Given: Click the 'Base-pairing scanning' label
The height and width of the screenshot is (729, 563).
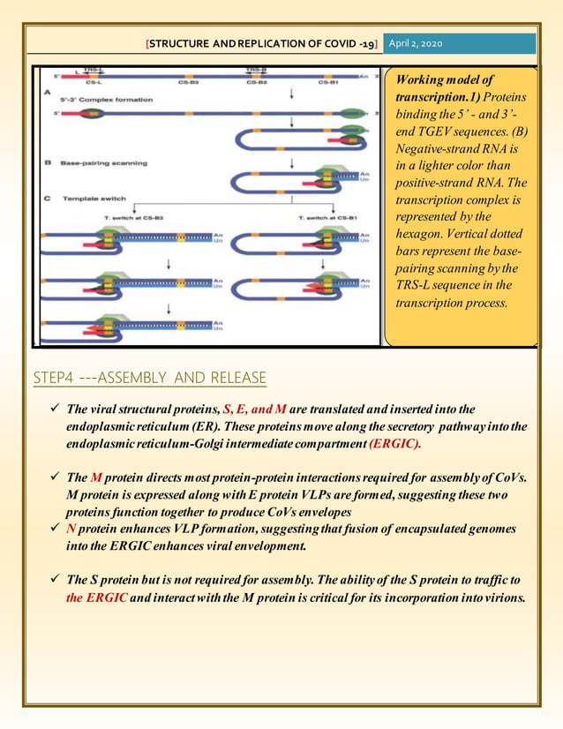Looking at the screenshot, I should click(x=99, y=162).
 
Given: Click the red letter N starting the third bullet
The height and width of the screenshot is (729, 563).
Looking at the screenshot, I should click(x=71, y=528).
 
